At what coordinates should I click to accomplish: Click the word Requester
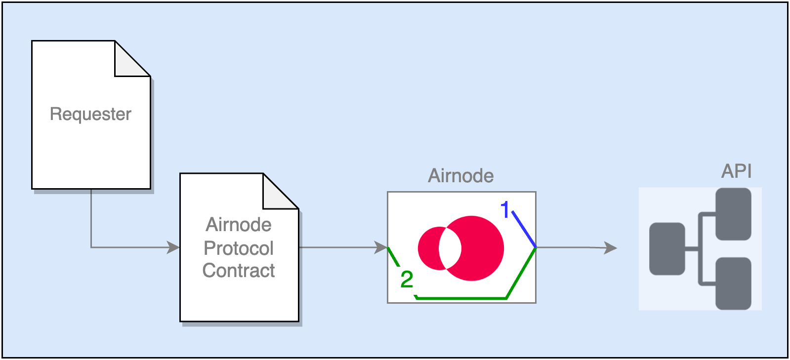pos(90,114)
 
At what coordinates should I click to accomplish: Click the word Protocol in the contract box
pos(239,248)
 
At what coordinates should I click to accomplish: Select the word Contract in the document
pos(239,271)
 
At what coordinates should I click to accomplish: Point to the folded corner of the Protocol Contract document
pos(276,196)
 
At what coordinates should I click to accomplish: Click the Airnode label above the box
pos(460,176)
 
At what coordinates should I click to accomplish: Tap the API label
pos(736,171)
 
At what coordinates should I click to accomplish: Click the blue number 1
pos(505,210)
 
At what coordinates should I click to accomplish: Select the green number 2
pos(407,280)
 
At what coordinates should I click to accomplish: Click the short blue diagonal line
pos(524,229)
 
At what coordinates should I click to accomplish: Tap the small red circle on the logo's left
pos(428,248)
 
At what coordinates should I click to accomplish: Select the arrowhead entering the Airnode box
pos(381,247)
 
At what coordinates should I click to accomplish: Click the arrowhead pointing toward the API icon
pos(611,247)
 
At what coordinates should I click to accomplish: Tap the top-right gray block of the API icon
pos(733,213)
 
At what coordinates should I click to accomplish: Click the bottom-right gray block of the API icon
pos(733,283)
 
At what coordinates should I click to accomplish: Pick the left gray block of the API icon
pos(667,248)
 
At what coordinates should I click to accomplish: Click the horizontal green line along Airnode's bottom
pos(462,298)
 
